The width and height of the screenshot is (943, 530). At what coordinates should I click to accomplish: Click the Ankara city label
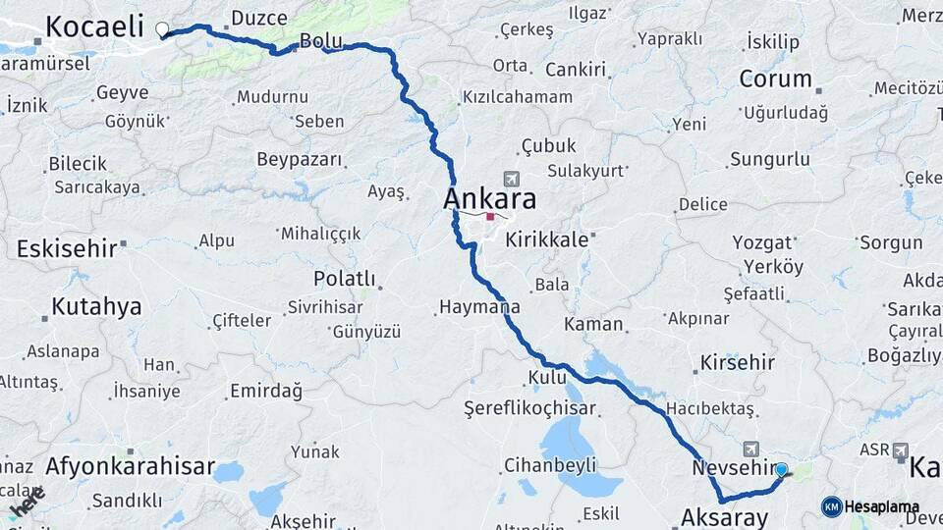490,199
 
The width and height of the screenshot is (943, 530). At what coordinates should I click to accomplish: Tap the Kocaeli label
94,26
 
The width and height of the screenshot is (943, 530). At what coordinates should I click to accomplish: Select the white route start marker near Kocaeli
162,29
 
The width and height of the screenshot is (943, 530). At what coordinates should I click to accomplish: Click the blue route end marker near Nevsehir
782,470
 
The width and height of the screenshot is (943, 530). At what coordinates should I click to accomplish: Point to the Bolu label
319,41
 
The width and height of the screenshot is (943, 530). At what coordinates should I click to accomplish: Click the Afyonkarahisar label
130,466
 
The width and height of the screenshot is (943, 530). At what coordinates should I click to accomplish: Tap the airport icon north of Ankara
511,179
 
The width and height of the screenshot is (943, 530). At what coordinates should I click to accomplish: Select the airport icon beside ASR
901,450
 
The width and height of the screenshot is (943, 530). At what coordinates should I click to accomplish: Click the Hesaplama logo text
882,506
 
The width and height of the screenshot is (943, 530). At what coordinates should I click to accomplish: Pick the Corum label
775,79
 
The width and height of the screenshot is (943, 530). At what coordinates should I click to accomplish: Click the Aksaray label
724,516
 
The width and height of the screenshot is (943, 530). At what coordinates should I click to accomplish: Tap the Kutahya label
95,306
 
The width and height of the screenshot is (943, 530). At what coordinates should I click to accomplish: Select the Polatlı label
344,279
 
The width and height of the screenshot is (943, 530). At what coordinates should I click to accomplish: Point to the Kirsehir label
737,362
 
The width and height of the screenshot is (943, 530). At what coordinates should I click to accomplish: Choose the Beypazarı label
299,159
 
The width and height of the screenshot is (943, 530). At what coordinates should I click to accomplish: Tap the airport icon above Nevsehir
751,447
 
